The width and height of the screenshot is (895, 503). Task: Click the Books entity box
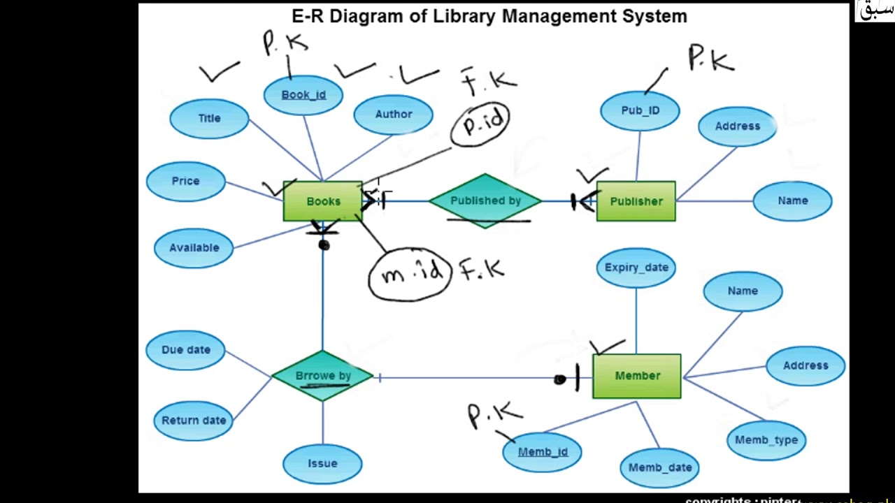click(x=322, y=201)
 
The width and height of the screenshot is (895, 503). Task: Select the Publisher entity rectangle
click(x=636, y=201)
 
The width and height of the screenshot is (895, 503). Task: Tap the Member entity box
click(x=636, y=376)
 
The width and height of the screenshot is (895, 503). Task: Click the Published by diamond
click(x=485, y=201)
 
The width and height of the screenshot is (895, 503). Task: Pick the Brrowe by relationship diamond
click(x=322, y=376)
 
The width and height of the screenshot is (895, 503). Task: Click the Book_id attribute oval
click(x=303, y=95)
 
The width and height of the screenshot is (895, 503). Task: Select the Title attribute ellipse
click(x=209, y=119)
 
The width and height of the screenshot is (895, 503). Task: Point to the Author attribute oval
click(x=393, y=115)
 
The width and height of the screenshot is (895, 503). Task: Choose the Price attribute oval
click(x=186, y=181)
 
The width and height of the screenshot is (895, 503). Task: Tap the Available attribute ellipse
click(x=194, y=248)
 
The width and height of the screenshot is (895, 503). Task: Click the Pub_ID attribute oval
click(x=640, y=110)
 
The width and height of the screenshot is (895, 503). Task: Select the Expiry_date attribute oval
click(x=636, y=268)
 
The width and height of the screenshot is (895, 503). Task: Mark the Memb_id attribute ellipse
click(x=543, y=452)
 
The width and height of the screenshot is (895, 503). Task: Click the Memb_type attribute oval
click(x=766, y=440)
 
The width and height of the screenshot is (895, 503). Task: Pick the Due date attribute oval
click(x=186, y=350)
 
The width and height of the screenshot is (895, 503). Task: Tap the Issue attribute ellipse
click(x=322, y=464)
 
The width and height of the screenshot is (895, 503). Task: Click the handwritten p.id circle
click(x=481, y=124)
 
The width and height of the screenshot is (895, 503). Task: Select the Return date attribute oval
click(x=194, y=421)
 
